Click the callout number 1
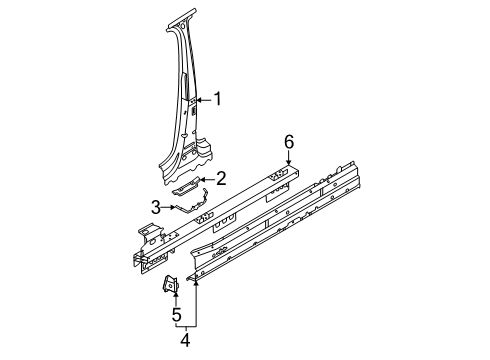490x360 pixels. click(x=218, y=99)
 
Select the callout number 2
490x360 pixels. click(x=221, y=179)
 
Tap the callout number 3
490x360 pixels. click(x=156, y=207)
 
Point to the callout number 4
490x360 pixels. click(x=185, y=340)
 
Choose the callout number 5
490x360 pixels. click(x=176, y=315)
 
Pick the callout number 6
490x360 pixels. click(x=289, y=142)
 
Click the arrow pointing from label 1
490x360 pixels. click(x=204, y=100)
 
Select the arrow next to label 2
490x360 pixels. click(x=207, y=180)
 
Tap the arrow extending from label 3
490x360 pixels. click(x=168, y=207)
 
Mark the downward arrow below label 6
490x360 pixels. click(x=289, y=157)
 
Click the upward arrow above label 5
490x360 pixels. click(x=176, y=298)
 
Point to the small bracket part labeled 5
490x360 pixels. click(x=171, y=283)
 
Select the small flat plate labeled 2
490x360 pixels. click(x=186, y=186)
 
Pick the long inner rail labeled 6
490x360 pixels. click(x=216, y=218)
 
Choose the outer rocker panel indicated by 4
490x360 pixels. click(x=273, y=222)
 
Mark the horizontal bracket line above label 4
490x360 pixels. click(x=186, y=326)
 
